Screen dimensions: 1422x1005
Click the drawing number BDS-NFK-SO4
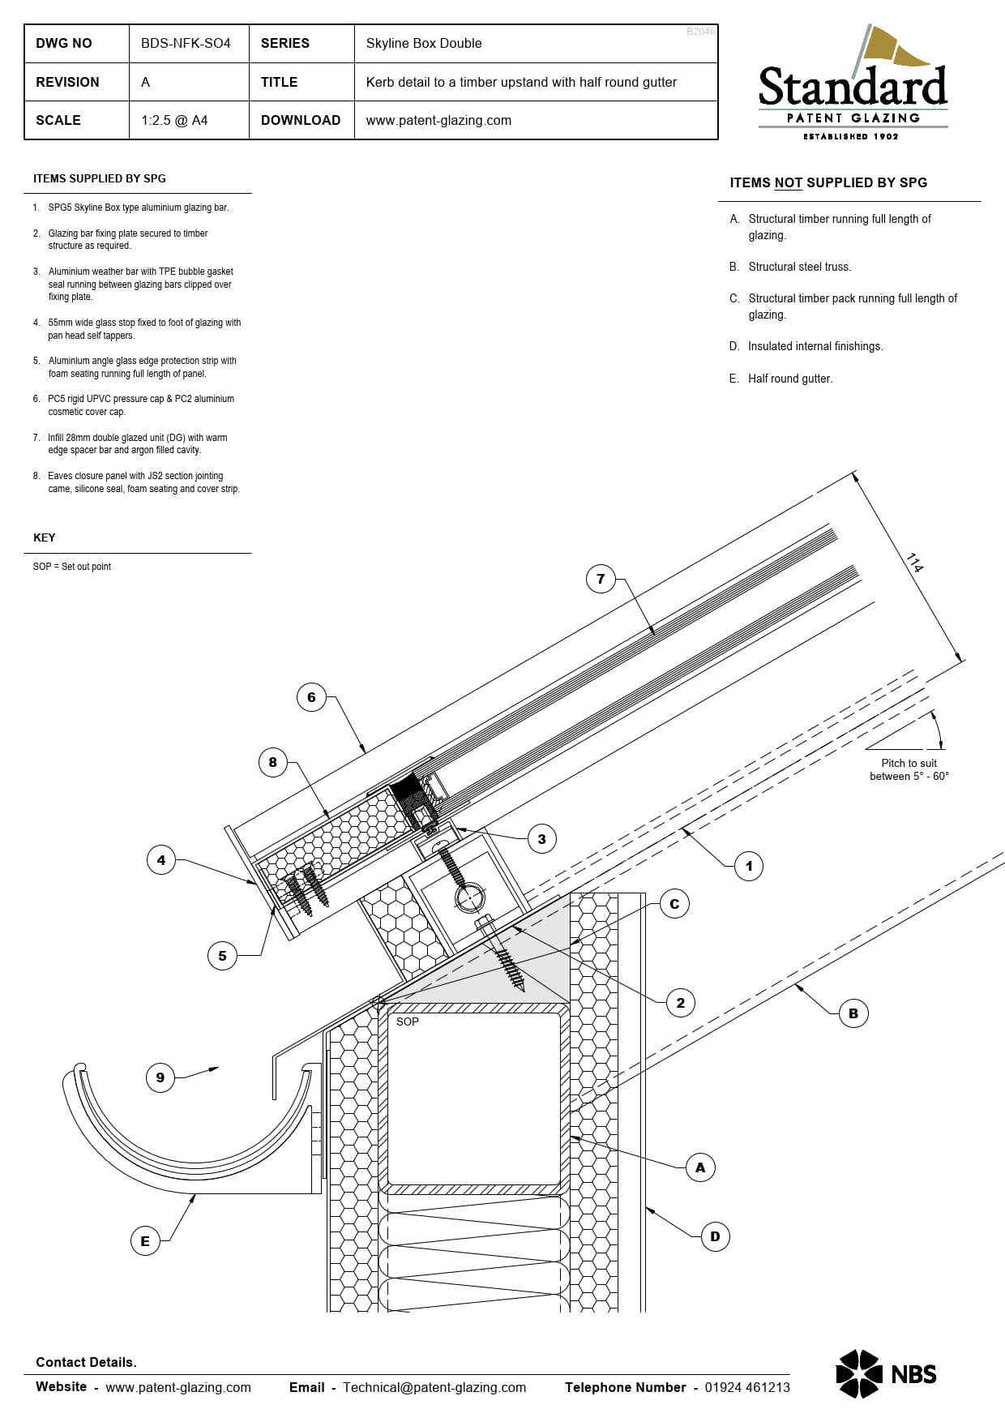186,44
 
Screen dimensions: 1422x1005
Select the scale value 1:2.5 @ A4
174,120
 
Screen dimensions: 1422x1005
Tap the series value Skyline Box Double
423,44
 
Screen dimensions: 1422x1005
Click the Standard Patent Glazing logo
853,84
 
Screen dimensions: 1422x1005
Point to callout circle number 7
601,579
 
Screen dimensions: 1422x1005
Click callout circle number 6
311,697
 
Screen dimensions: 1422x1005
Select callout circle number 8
272,762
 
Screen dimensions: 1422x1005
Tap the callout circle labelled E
145,1240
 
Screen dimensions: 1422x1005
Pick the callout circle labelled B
853,1013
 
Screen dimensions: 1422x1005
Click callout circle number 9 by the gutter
160,1077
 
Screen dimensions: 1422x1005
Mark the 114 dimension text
915,563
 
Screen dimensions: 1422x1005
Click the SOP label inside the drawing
408,1022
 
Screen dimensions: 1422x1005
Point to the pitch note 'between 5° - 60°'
909,777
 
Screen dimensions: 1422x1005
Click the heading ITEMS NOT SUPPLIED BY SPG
828,183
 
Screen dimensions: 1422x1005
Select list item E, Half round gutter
789,379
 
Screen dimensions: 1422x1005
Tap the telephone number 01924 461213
746,1387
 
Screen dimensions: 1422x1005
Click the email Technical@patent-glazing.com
434,1387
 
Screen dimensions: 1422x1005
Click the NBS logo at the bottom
886,1374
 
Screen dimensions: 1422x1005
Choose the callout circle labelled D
715,1236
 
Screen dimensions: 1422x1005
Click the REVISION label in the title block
67,82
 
